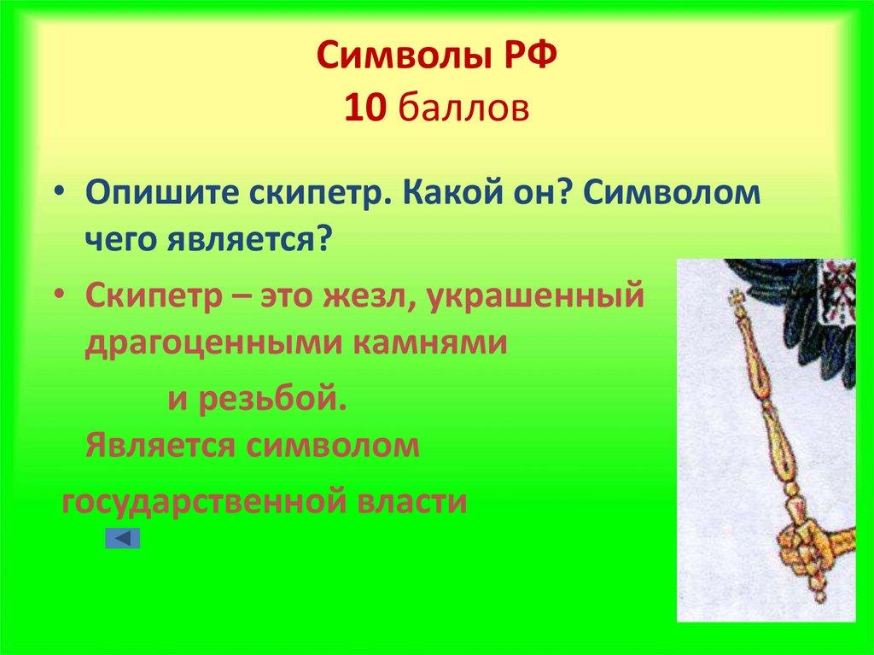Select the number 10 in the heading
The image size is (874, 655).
coord(364,108)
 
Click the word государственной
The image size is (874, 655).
coord(200,500)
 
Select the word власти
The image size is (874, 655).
coord(411,500)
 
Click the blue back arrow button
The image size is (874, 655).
coord(123,538)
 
